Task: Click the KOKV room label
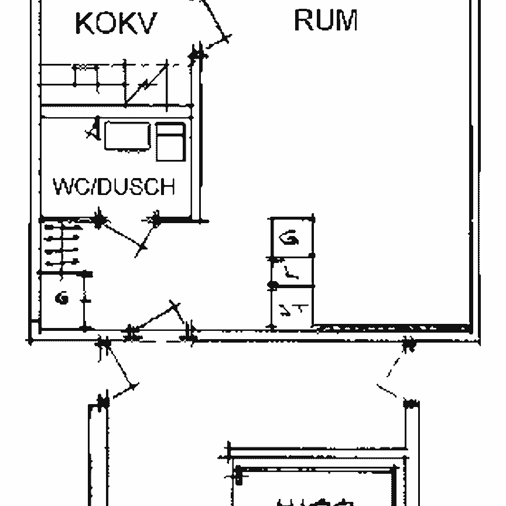(116, 23)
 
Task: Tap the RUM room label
(325, 20)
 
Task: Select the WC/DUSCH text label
(114, 187)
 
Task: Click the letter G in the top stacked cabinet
(289, 238)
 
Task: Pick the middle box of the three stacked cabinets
(291, 271)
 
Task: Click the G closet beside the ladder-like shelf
(61, 299)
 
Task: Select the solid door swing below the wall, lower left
(120, 369)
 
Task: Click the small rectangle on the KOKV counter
(86, 68)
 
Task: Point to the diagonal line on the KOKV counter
(143, 85)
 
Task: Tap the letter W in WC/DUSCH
(62, 187)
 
